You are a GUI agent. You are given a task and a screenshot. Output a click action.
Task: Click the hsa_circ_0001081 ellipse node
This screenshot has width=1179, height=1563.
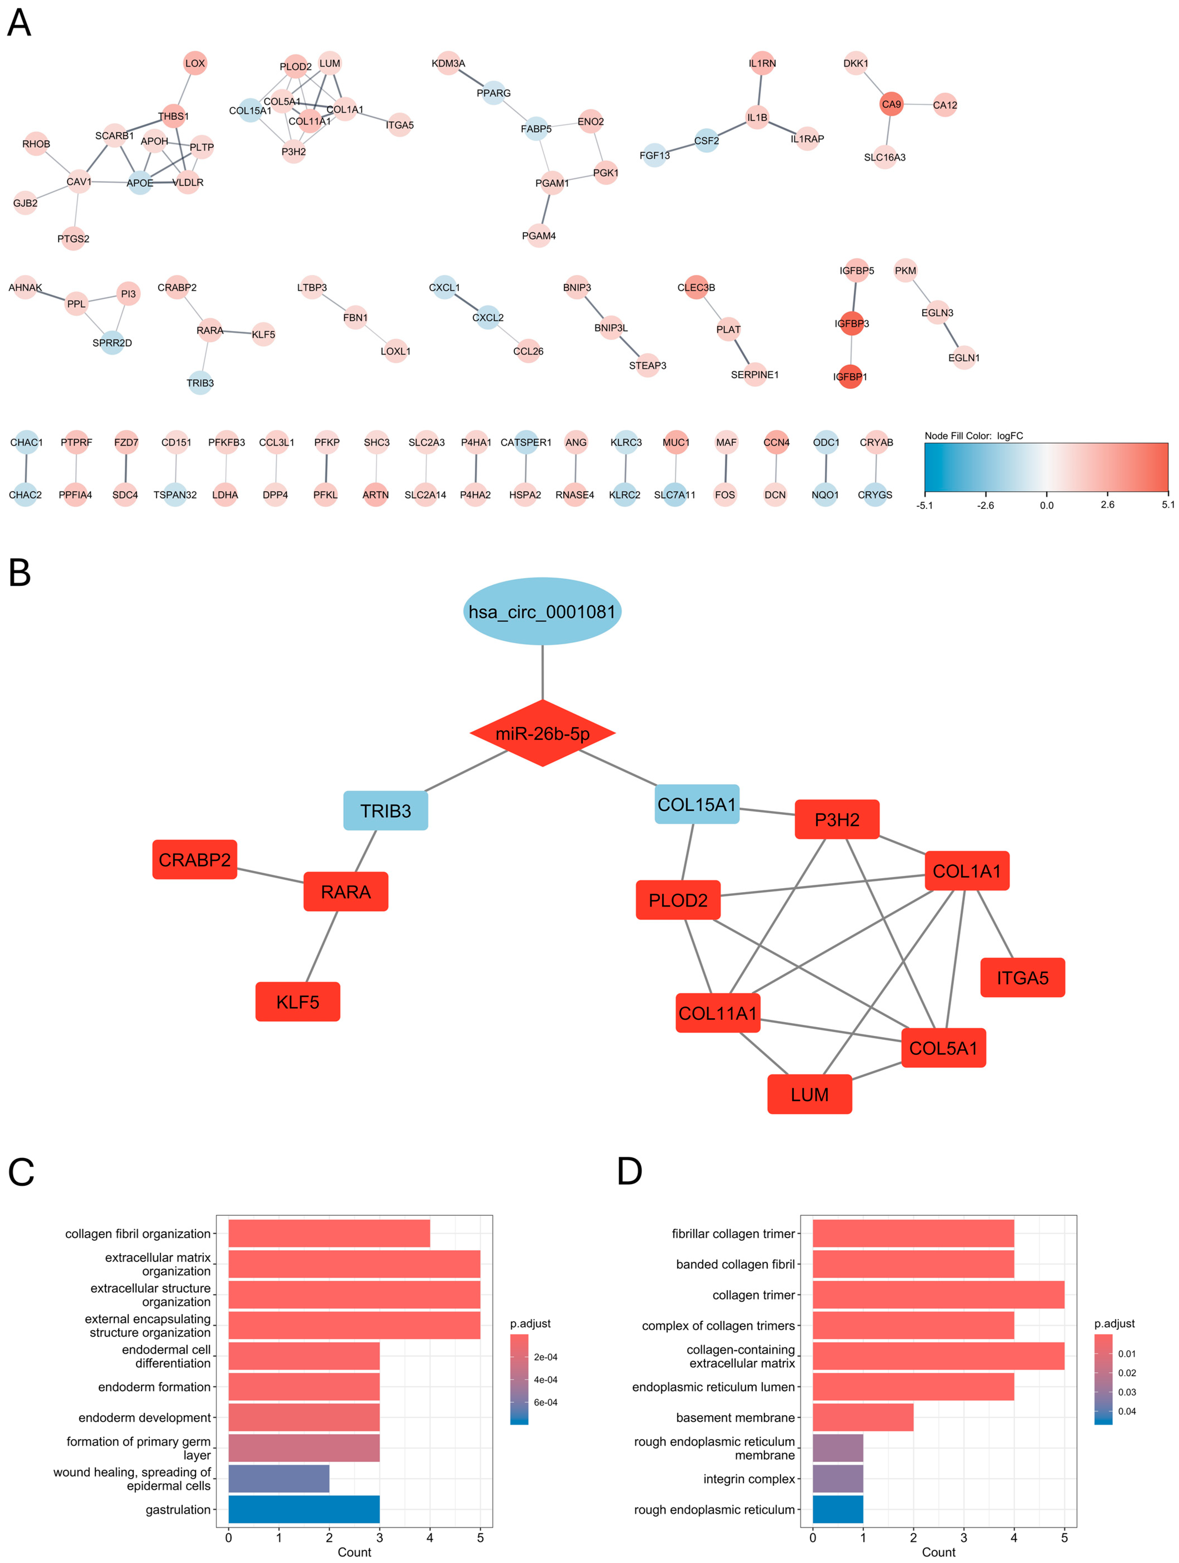(542, 611)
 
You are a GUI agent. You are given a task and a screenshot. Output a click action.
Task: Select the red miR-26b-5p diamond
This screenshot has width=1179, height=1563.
(542, 733)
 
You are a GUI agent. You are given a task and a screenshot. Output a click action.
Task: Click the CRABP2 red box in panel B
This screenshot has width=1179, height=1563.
(194, 859)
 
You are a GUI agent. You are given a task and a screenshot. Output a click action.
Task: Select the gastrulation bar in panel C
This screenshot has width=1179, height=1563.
(304, 1509)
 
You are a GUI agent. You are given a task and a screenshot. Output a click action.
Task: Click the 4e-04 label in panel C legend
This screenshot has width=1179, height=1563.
(545, 1379)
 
